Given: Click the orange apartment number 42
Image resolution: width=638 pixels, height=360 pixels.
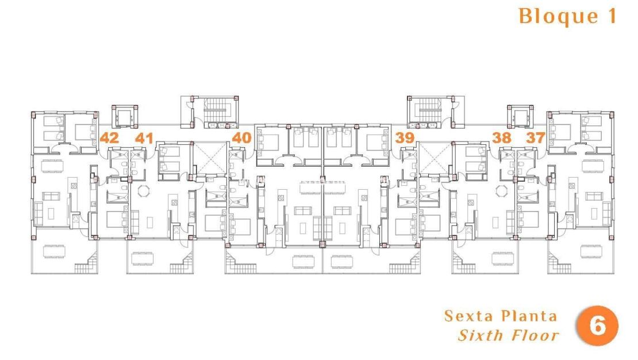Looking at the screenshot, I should [x=109, y=138].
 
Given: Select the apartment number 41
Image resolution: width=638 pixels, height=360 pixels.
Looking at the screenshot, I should [x=144, y=138].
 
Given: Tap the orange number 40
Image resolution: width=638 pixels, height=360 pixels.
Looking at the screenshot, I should [x=243, y=138].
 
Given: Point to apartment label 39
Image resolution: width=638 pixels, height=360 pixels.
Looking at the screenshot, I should [x=405, y=138].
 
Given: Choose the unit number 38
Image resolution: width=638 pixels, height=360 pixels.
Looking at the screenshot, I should [x=502, y=138].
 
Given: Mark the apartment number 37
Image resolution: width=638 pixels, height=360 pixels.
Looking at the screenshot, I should [x=537, y=138].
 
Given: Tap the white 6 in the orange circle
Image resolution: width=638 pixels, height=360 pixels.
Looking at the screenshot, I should [x=598, y=327].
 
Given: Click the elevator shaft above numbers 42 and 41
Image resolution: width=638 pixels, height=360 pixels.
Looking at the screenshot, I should [x=125, y=117].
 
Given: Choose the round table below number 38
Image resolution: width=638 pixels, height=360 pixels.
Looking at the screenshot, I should [x=502, y=190].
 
